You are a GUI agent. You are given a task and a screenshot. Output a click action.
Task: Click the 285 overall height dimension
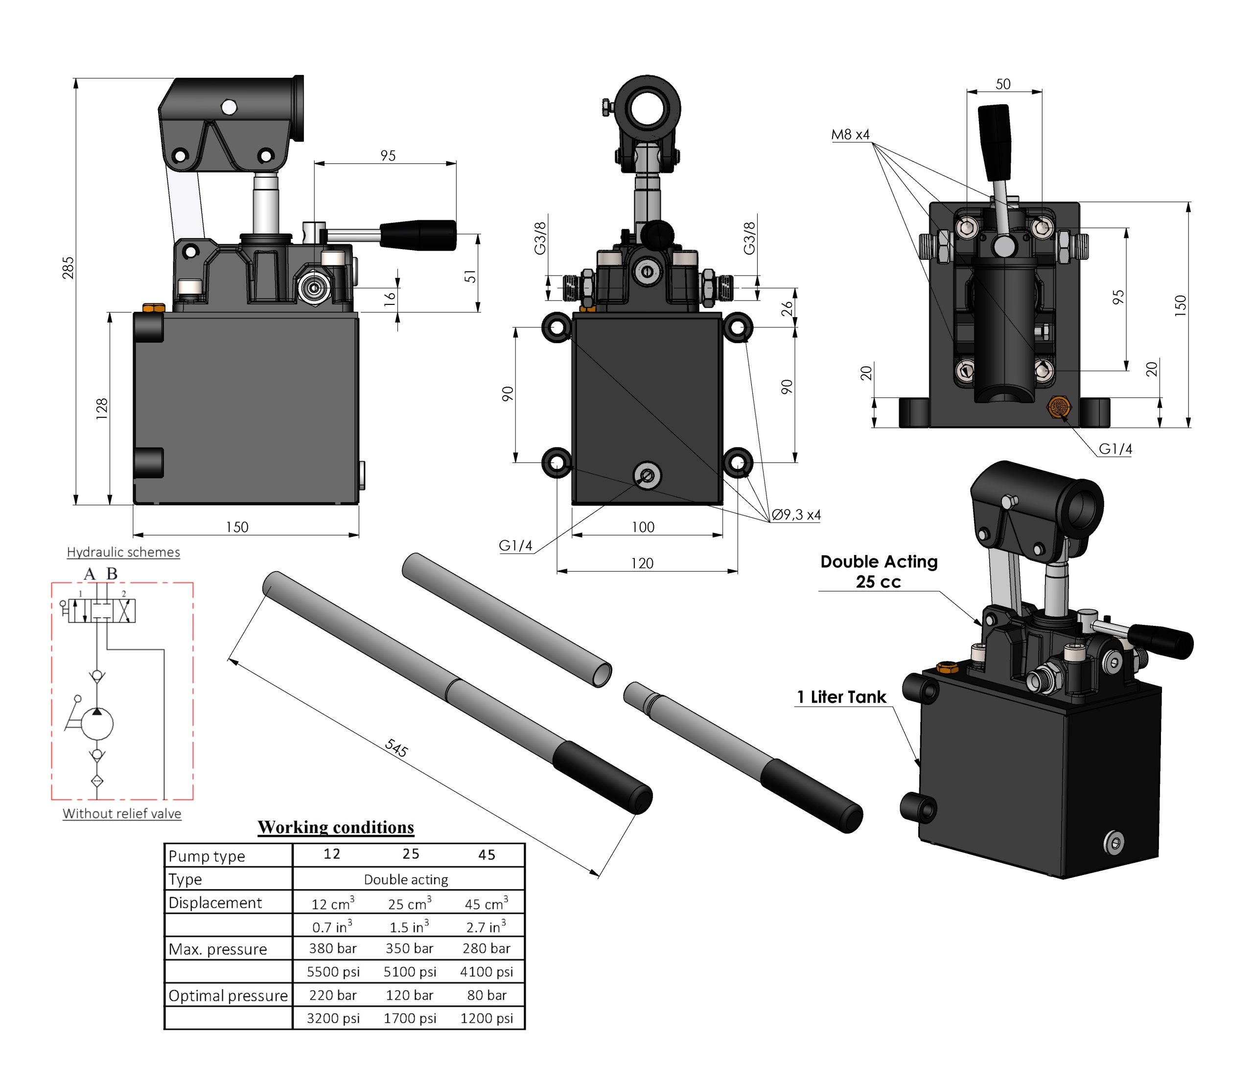(x=69, y=268)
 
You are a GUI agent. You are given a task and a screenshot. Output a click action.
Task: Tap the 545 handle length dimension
(x=396, y=748)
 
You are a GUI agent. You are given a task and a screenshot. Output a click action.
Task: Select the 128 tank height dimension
(x=102, y=410)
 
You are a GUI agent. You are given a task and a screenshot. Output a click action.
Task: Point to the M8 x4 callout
(x=850, y=134)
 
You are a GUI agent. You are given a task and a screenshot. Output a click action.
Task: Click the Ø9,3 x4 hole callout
(x=796, y=515)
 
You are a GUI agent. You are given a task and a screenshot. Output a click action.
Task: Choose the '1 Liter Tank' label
(x=841, y=697)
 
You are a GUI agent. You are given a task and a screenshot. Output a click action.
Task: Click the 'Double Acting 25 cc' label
(x=879, y=572)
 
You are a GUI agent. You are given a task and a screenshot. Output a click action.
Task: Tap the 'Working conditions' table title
(x=336, y=827)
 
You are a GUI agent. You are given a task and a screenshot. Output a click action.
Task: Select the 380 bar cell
(x=333, y=948)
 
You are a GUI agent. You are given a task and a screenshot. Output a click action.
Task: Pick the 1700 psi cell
(x=410, y=1018)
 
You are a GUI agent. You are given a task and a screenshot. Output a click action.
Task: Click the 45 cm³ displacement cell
(x=487, y=903)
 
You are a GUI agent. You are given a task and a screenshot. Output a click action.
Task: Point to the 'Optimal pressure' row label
(x=228, y=996)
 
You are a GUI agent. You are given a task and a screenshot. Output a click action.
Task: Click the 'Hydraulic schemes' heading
(x=123, y=553)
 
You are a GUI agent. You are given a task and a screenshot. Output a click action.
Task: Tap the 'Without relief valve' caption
(x=122, y=813)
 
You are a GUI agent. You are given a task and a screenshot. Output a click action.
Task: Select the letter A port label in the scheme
(x=90, y=574)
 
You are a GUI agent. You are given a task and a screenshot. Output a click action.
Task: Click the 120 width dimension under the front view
(x=642, y=564)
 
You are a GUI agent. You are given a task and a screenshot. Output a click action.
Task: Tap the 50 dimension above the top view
(x=1003, y=84)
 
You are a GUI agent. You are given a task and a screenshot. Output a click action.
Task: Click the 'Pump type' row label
(x=207, y=856)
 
